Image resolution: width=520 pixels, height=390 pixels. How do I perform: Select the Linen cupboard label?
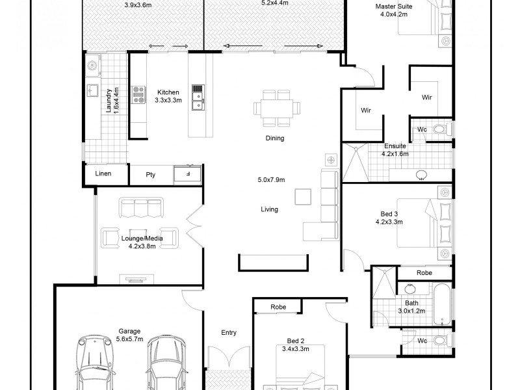point(103,174)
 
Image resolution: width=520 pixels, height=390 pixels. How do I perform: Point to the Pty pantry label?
point(151,174)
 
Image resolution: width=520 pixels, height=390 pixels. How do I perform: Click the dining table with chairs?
point(278,108)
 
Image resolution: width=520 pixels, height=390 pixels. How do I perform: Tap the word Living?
point(269,209)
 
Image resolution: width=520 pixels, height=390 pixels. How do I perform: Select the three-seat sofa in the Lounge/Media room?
point(140,208)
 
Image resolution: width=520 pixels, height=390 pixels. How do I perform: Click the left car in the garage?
point(95,364)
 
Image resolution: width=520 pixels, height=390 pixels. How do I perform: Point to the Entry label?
point(229,333)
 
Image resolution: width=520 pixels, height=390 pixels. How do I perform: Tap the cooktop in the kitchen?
point(139,96)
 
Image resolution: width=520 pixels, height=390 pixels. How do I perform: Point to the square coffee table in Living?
point(303,196)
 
